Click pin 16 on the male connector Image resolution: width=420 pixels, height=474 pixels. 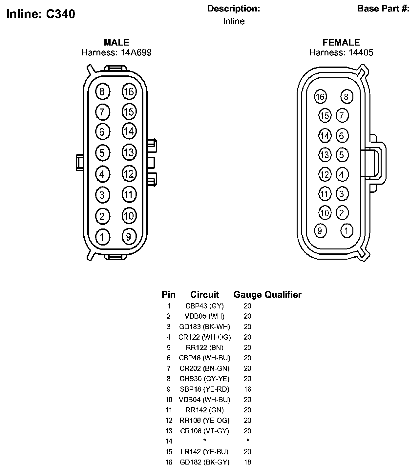tap(129, 91)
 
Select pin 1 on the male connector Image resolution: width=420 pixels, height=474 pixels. tap(102, 237)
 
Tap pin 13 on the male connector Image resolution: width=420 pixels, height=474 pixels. tap(129, 152)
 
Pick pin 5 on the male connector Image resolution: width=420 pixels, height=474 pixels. tap(102, 153)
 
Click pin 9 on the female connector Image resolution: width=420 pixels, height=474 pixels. tap(320, 230)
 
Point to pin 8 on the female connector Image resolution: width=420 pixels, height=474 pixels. tap(346, 97)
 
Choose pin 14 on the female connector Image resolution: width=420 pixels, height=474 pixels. tap(325, 135)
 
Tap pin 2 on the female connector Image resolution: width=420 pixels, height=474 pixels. tap(342, 213)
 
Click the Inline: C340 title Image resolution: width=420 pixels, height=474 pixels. tap(41, 14)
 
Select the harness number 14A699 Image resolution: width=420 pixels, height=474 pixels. tap(136, 52)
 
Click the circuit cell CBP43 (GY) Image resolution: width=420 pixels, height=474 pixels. tap(204, 306)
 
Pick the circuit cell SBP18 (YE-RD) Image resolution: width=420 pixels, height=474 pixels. tap(204, 389)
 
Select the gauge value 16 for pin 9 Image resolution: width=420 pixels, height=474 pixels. tap(247, 389)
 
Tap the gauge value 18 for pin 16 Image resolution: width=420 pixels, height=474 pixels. tap(247, 463)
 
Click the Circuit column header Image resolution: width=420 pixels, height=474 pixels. tap(204, 294)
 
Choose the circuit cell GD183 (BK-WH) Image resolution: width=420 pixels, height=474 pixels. tap(204, 327)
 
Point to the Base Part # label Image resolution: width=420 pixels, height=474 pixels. tap(383, 9)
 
